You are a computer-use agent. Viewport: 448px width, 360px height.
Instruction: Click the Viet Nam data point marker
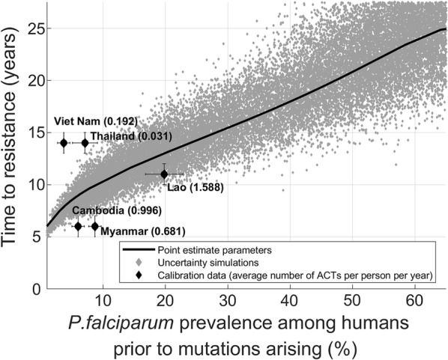64,143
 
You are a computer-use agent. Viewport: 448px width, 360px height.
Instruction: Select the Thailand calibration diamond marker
85,143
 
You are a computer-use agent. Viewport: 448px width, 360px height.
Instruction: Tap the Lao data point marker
164,174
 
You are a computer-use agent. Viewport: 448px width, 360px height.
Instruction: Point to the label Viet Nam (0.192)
94,122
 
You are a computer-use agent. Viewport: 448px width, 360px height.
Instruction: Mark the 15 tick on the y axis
35,132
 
